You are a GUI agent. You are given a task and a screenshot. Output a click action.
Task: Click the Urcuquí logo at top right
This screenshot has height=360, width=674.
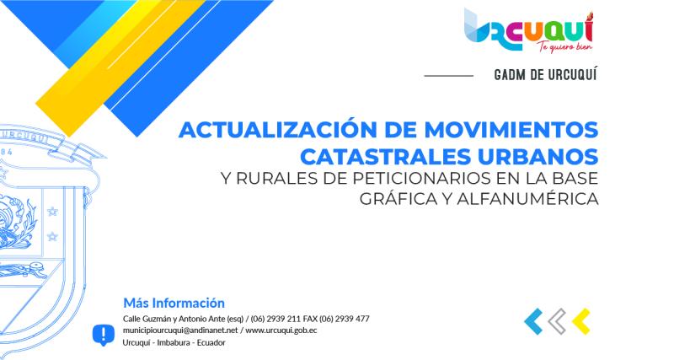point(528,29)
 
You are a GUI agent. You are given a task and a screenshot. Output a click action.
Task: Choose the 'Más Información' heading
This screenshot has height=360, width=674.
point(174,302)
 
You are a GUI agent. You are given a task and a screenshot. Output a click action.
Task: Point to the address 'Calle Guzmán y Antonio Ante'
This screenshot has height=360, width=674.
point(178,319)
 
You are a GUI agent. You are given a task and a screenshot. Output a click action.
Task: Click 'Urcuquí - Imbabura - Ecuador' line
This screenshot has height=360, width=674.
point(174,342)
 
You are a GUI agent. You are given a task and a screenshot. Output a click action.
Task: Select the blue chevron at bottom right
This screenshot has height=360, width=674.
point(532,321)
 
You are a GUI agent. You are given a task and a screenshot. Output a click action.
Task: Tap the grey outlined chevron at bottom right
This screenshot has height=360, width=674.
point(556,321)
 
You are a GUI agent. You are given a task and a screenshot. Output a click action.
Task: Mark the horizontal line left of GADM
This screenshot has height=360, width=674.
point(448,76)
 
